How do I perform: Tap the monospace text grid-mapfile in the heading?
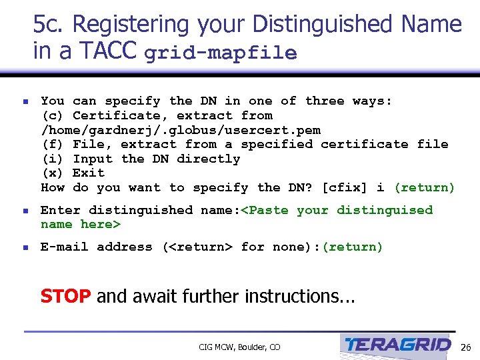[220, 53]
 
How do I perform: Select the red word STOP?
[65, 296]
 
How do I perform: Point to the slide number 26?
[465, 347]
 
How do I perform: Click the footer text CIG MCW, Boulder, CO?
[239, 347]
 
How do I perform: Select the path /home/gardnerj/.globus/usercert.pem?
[181, 130]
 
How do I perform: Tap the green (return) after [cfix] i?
[424, 188]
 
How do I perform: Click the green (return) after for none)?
[352, 247]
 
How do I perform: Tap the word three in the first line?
[325, 101]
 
